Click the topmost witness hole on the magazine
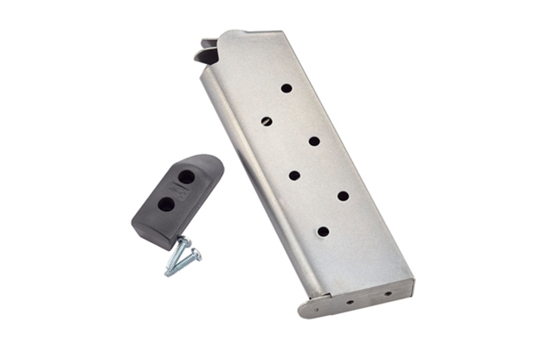[x=286, y=87]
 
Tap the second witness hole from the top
[x=267, y=121]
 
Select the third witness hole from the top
[x=313, y=140]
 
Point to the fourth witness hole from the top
[x=294, y=176]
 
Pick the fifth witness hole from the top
[x=343, y=196]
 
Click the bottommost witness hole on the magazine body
[x=323, y=231]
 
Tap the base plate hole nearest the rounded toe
[x=350, y=302]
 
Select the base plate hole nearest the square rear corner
[x=386, y=293]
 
